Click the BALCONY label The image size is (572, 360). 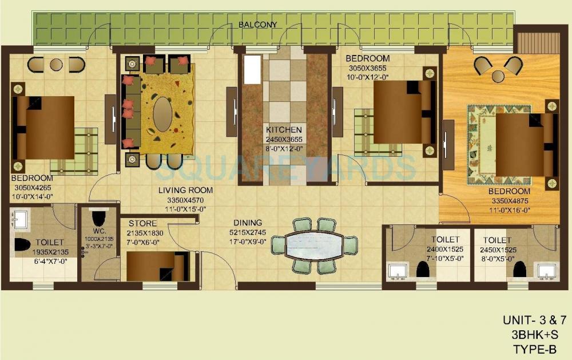pyautogui.click(x=257, y=25)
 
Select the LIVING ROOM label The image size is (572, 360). pyautogui.click(x=185, y=191)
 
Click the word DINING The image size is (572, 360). pyautogui.click(x=247, y=223)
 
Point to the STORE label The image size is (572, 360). pyautogui.click(x=142, y=223)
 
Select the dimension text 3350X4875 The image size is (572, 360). pyautogui.click(x=511, y=201)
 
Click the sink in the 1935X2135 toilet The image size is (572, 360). pyautogui.click(x=20, y=220)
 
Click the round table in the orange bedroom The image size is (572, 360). pyautogui.click(x=498, y=76)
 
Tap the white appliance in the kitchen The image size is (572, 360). pyautogui.click(x=252, y=69)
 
